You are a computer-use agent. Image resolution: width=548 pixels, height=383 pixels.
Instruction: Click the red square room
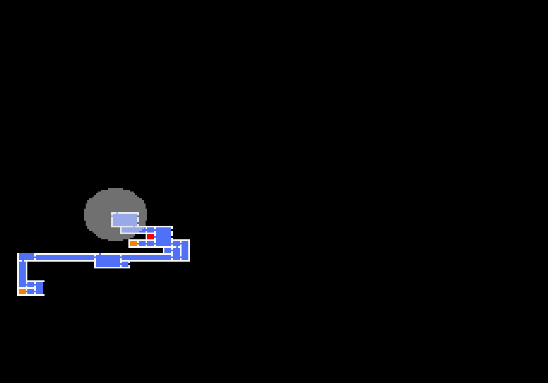tap(150, 236)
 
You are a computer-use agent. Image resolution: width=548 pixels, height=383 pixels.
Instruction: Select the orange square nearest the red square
tap(133, 243)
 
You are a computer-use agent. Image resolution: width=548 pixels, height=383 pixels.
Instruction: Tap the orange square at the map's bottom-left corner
tap(22, 291)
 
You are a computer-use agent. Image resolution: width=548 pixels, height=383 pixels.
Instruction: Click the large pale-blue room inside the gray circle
tap(125, 220)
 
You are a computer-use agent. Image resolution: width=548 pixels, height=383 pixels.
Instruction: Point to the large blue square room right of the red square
tap(163, 236)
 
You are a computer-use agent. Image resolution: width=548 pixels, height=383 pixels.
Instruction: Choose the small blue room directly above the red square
tap(150, 230)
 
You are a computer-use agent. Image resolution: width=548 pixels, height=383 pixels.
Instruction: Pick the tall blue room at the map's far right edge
tap(185, 250)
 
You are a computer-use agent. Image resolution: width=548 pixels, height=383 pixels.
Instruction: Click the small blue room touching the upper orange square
tap(142, 243)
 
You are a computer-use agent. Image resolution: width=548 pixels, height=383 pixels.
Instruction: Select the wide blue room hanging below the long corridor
tap(107, 260)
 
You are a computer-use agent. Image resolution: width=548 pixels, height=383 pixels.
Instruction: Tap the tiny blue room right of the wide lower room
tap(125, 264)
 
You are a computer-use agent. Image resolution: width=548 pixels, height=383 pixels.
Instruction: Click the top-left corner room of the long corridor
tap(26, 256)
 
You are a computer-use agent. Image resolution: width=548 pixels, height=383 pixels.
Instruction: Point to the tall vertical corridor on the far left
tap(22, 274)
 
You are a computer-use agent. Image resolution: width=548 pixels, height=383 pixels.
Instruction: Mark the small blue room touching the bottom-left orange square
tap(30, 291)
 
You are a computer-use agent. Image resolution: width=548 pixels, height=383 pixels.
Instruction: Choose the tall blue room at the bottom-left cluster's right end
tap(39, 288)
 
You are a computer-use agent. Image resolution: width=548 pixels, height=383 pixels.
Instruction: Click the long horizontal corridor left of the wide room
tap(65, 257)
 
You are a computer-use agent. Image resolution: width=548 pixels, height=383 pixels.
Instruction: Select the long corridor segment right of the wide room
tap(146, 257)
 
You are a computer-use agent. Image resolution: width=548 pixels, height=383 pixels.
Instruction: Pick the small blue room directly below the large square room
tap(167, 250)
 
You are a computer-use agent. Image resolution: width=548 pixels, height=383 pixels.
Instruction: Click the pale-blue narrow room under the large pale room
tap(131, 230)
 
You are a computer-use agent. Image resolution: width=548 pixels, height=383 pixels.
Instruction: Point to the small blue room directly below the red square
tap(150, 243)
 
